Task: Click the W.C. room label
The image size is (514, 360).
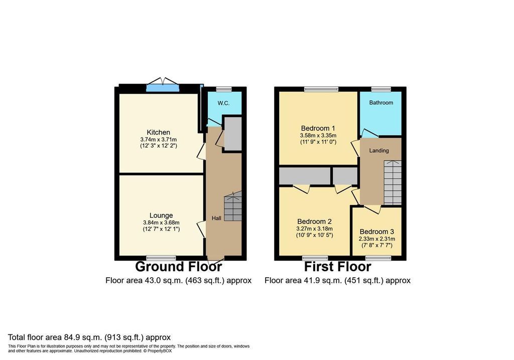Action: coord(223,103)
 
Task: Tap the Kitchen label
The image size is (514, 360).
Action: coord(158,132)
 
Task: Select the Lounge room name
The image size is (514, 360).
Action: coord(161,215)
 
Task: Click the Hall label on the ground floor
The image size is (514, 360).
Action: coord(216,218)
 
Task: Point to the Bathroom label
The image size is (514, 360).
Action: coord(381,102)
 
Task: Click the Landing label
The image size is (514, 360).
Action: coord(379,151)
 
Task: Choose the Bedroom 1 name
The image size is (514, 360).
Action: coord(318,128)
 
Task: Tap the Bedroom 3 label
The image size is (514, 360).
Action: coord(376,231)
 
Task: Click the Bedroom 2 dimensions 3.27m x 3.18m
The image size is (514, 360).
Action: coord(314,229)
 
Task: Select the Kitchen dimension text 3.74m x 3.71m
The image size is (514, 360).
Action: coord(158,140)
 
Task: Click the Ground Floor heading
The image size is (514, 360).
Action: coord(179,267)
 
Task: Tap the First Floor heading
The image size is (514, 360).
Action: coord(338,267)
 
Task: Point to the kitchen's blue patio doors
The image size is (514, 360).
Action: coord(163,87)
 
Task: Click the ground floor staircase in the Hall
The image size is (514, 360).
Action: coord(233,206)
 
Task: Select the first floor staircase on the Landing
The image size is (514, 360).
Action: coord(393,183)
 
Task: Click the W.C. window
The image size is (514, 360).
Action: coord(224,89)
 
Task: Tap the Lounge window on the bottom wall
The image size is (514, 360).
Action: coord(161,258)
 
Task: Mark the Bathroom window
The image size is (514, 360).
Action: coord(381,89)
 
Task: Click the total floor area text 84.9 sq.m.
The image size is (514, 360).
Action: coord(89,337)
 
